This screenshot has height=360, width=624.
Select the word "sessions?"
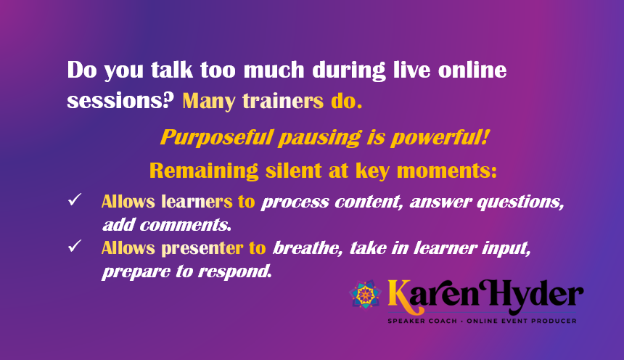click(x=120, y=100)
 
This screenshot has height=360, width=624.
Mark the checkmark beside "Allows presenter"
click(x=74, y=247)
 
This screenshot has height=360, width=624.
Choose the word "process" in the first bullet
click(x=294, y=202)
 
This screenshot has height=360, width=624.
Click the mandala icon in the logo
click(x=366, y=294)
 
